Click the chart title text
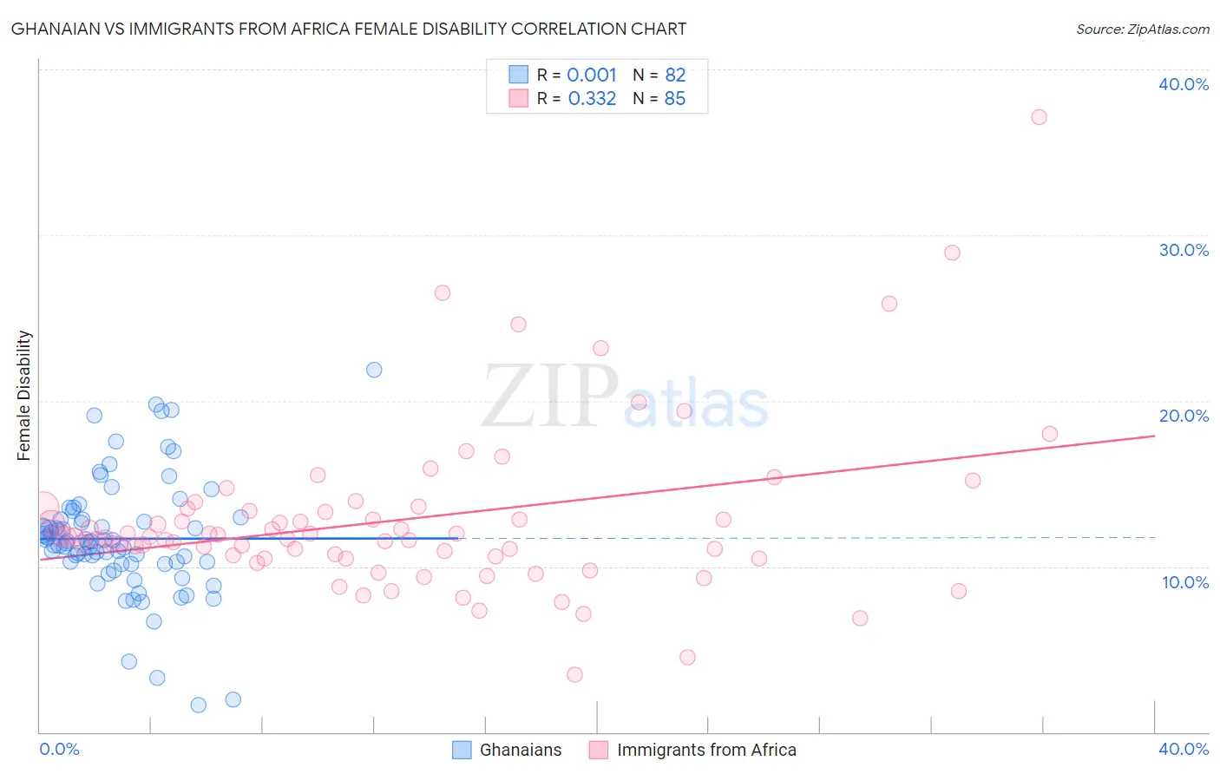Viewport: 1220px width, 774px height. tap(348, 30)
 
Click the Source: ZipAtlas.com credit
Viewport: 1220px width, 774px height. tap(1142, 30)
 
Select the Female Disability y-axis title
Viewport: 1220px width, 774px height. tap(24, 395)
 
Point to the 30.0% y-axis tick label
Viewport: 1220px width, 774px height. tap(1184, 250)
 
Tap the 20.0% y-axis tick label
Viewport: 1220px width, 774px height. tap(1184, 416)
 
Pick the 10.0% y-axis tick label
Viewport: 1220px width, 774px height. tap(1185, 582)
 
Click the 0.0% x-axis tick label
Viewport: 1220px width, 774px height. tap(59, 749)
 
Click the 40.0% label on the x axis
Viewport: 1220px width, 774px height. tap(1184, 749)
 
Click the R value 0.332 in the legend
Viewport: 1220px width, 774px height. tap(592, 99)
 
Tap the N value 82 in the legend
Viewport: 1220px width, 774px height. tap(675, 75)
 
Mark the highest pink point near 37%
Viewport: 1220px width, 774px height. tap(1039, 117)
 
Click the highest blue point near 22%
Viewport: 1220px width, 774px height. tap(374, 370)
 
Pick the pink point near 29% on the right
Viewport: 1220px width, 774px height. tap(952, 253)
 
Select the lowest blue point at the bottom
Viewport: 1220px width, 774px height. tap(198, 705)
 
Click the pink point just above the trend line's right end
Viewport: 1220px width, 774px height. tap(1049, 434)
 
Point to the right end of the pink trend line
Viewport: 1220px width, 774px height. tap(1154, 436)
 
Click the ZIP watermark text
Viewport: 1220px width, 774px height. tap(550, 397)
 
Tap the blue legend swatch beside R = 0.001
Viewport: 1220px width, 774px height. tap(518, 75)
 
